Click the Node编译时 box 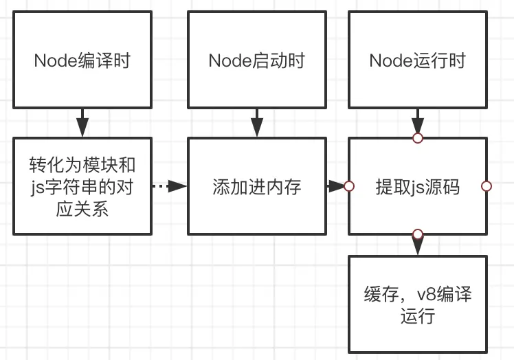pyautogui.click(x=82, y=60)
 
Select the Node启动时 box pyautogui.click(x=256, y=60)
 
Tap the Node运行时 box pyautogui.click(x=417, y=60)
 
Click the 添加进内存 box pyautogui.click(x=256, y=186)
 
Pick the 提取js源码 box pyautogui.click(x=417, y=186)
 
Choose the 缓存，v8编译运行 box pyautogui.click(x=417, y=306)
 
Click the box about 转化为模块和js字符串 pyautogui.click(x=82, y=186)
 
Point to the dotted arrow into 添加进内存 pyautogui.click(x=169, y=186)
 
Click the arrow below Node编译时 pyautogui.click(x=82, y=122)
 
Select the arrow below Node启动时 pyautogui.click(x=256, y=122)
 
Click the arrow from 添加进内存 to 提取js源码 pyautogui.click(x=335, y=186)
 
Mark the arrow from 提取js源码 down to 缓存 pyautogui.click(x=417, y=245)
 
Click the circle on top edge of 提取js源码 pyautogui.click(x=417, y=138)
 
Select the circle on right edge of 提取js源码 pyautogui.click(x=487, y=186)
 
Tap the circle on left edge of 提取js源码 pyautogui.click(x=348, y=186)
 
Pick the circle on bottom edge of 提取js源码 pyautogui.click(x=417, y=234)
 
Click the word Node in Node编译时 pyautogui.click(x=54, y=60)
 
